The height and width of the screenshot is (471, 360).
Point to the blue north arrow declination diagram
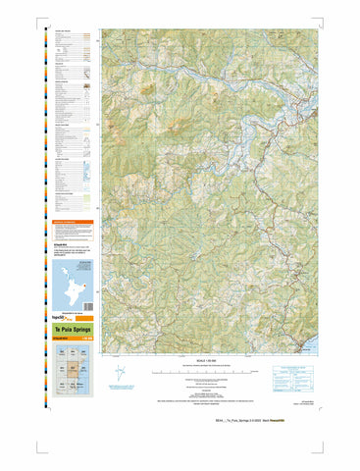coord(121,376)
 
